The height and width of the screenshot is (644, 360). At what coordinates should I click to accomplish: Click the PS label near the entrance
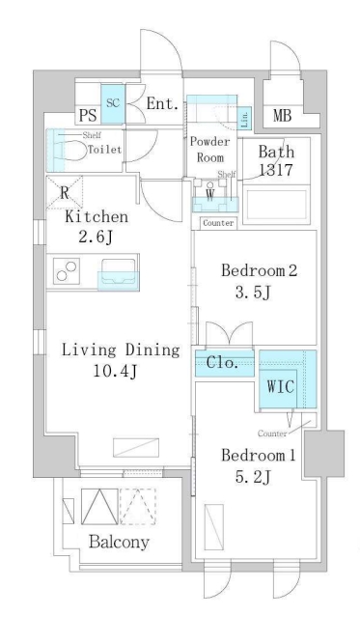tap(88, 116)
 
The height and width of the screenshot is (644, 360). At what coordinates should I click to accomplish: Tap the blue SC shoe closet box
tap(113, 104)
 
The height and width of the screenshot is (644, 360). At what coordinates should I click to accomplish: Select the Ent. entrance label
tap(162, 104)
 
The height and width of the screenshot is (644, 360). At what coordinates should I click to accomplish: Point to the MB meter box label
tap(283, 116)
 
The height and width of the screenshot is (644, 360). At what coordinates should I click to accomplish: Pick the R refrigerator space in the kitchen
tap(64, 192)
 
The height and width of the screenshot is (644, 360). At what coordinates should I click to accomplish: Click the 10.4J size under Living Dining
tap(115, 372)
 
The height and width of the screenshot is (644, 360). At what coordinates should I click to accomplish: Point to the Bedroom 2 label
tap(259, 270)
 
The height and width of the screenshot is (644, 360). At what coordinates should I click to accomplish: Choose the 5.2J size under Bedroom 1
tap(252, 477)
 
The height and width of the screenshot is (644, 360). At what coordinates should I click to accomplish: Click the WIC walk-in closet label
tap(281, 386)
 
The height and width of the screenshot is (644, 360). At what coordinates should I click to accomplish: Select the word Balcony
tap(119, 543)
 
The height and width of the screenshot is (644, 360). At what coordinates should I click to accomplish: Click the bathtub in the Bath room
tap(275, 205)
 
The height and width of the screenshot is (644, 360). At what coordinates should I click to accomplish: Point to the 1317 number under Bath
tap(275, 170)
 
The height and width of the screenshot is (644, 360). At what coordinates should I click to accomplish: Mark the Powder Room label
tap(210, 150)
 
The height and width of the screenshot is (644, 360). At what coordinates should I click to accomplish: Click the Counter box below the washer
tap(218, 223)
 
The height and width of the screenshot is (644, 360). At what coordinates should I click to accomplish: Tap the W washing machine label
tap(210, 196)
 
